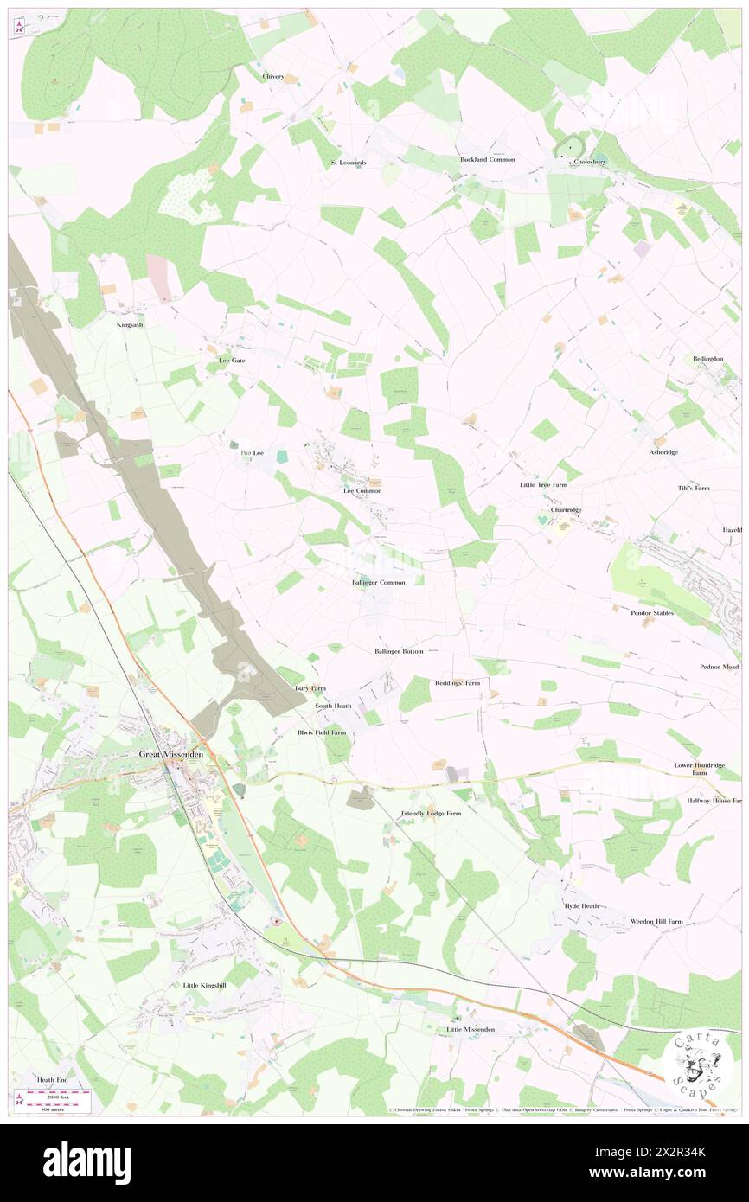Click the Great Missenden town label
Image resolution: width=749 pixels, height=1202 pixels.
pyautogui.click(x=173, y=754)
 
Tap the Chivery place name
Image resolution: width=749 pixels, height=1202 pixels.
pyautogui.click(x=273, y=76)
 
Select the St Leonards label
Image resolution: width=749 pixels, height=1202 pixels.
pyautogui.click(x=349, y=163)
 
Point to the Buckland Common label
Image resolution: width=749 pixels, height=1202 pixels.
pyautogui.click(x=487, y=159)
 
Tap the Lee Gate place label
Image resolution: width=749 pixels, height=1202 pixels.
pyautogui.click(x=232, y=360)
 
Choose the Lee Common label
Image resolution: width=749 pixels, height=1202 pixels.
pyautogui.click(x=362, y=490)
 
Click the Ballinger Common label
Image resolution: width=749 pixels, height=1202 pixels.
pyautogui.click(x=379, y=583)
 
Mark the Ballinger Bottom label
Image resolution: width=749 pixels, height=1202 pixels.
pyautogui.click(x=399, y=650)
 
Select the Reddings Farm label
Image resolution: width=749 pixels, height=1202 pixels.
pyautogui.click(x=457, y=683)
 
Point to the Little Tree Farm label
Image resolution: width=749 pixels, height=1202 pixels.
pyautogui.click(x=543, y=485)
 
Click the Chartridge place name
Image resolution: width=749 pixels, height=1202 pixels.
pyautogui.click(x=567, y=510)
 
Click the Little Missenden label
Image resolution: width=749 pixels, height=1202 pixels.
pyautogui.click(x=471, y=1029)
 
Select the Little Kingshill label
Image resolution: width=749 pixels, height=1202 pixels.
pyautogui.click(x=204, y=985)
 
